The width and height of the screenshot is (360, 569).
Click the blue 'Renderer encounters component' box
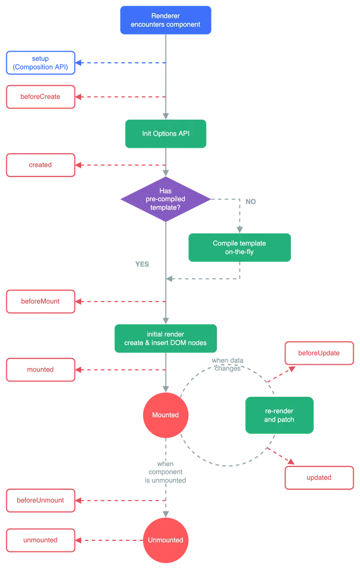pyautogui.click(x=165, y=20)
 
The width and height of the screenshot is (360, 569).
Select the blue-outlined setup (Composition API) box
pyautogui.click(x=41, y=63)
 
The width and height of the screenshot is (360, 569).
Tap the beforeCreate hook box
pyautogui.click(x=41, y=97)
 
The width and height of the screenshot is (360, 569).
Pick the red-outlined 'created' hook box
pyautogui.click(x=41, y=165)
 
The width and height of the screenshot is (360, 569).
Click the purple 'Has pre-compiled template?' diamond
pyautogui.click(x=165, y=199)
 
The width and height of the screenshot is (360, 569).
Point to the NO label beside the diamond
pyautogui.click(x=249, y=200)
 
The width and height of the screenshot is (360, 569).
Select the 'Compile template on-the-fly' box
pyautogui.click(x=239, y=248)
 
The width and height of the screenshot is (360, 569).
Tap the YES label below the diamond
pyautogui.click(x=142, y=264)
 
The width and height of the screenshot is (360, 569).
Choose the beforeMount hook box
pyautogui.click(x=41, y=302)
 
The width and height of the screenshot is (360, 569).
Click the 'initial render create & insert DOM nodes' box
pyautogui.click(x=165, y=338)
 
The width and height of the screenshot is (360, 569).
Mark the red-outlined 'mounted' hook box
pyautogui.click(x=41, y=370)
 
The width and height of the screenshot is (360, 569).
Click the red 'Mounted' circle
pyautogui.click(x=165, y=415)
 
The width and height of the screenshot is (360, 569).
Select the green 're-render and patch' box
pyautogui.click(x=279, y=415)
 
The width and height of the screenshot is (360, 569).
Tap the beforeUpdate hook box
pyautogui.click(x=319, y=354)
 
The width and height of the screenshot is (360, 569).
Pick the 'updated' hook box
pyautogui.click(x=319, y=478)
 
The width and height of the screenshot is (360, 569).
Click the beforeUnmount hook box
pyautogui.click(x=41, y=500)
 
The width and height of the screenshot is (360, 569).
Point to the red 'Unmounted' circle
pyautogui.click(x=165, y=540)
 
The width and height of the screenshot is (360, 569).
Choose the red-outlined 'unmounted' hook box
pyautogui.click(x=41, y=540)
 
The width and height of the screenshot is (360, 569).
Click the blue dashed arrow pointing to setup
pyautogui.click(x=122, y=63)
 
